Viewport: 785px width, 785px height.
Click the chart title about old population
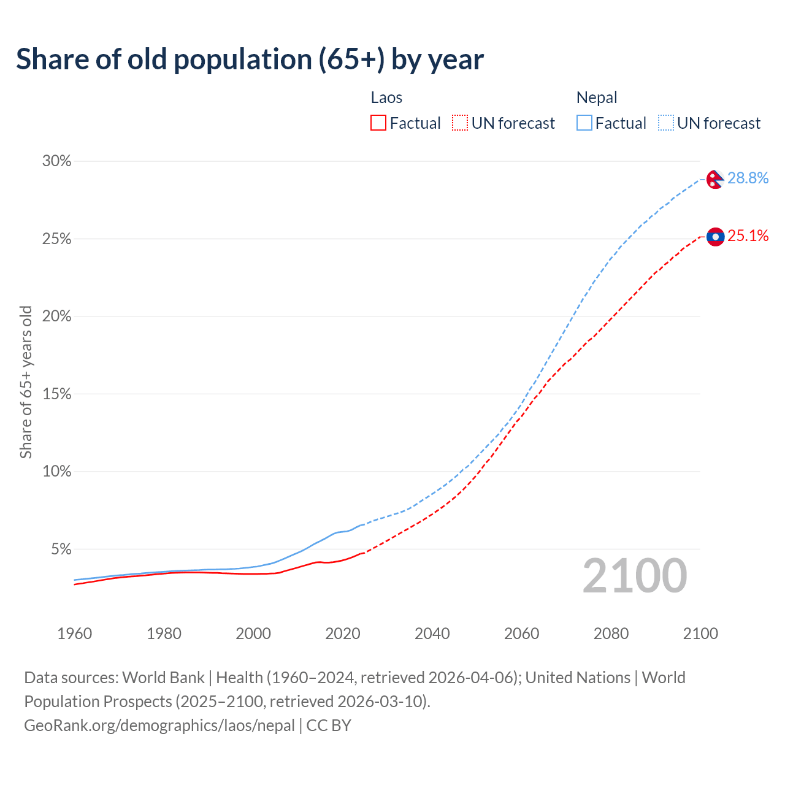250,59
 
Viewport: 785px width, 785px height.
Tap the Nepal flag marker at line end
715,179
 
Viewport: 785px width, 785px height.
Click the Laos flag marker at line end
715,237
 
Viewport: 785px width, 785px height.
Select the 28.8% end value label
748,178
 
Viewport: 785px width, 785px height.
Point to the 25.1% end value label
748,236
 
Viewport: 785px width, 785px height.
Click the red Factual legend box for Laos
378,123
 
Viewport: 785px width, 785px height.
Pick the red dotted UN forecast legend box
460,123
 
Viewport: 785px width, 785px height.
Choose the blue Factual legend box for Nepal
584,123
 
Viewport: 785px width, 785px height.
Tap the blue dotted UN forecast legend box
665,123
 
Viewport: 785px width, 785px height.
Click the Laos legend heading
386,98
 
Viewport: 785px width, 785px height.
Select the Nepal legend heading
597,98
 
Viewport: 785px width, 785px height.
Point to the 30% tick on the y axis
56,161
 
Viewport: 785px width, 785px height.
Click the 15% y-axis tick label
56,394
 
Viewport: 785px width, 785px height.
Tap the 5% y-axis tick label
61,549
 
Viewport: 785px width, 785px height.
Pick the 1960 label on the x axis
74,634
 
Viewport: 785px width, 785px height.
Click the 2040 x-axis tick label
432,634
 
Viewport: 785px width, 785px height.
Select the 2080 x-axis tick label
611,634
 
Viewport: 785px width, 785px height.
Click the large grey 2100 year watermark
635,576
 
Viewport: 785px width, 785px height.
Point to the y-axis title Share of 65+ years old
26,381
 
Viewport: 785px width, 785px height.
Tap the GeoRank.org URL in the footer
159,726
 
